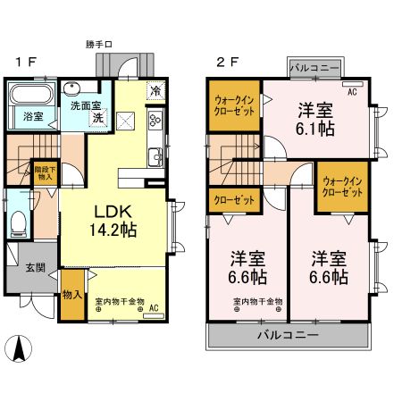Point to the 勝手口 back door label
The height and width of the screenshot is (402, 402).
(124, 43)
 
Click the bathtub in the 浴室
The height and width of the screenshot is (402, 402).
(32, 96)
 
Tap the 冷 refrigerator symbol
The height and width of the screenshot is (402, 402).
(155, 90)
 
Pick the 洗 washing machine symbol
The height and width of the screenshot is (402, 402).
(99, 118)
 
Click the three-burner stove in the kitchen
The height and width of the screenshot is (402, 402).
(154, 120)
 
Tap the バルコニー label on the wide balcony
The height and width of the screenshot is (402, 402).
(288, 336)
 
